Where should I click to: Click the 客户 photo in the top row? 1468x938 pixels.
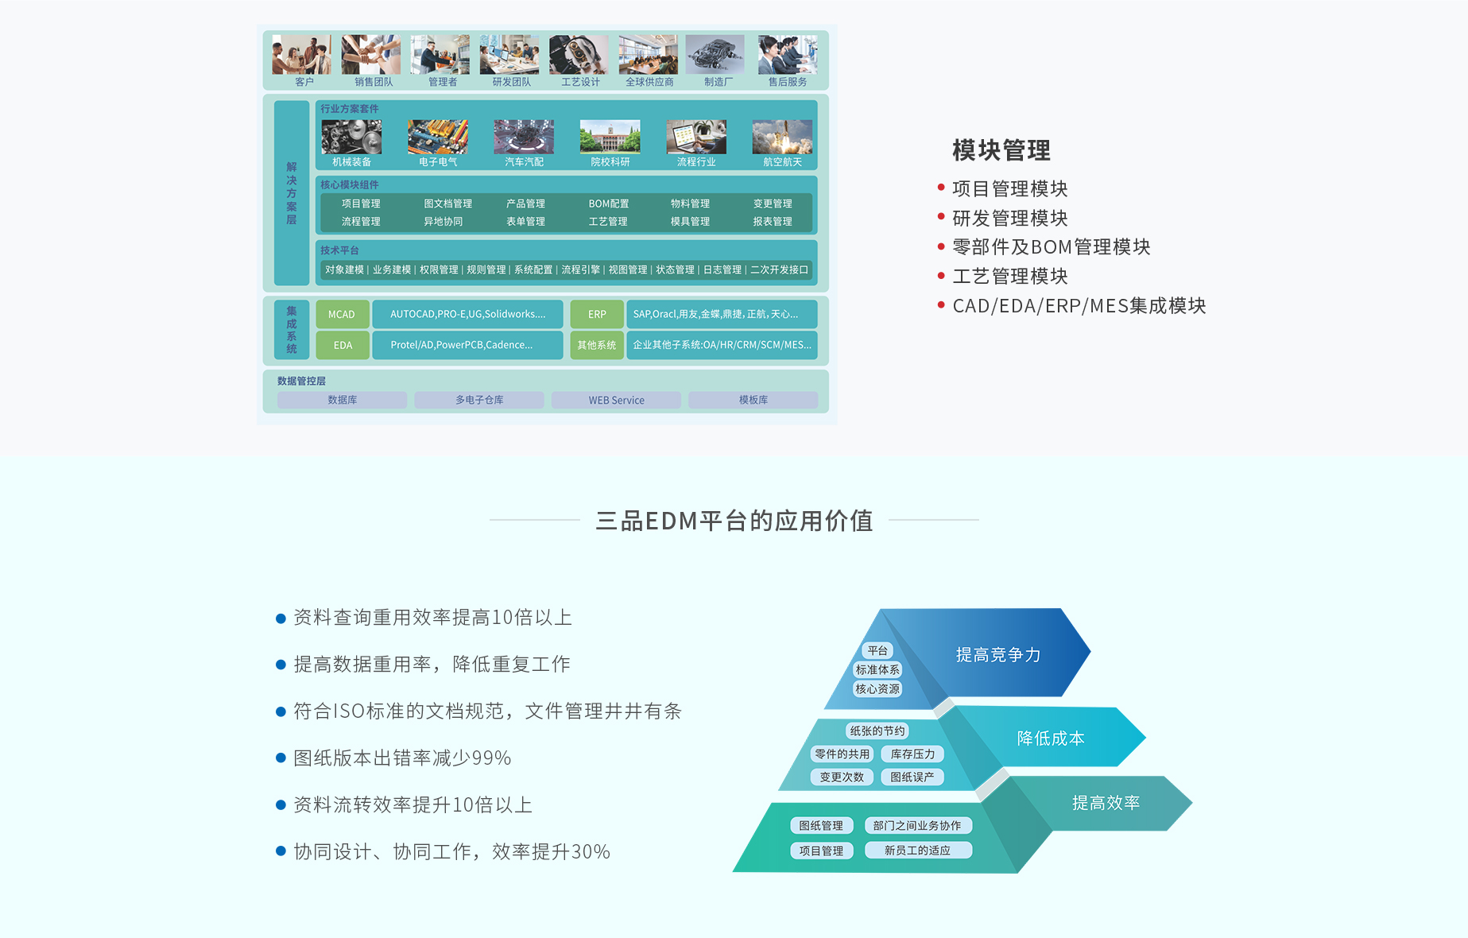click(x=302, y=54)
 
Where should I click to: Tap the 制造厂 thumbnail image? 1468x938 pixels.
click(x=715, y=54)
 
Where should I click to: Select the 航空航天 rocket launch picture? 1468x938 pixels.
click(x=782, y=137)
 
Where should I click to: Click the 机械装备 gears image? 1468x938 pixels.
click(x=351, y=137)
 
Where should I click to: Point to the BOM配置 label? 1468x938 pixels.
click(x=609, y=204)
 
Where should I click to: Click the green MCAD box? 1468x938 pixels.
click(x=343, y=315)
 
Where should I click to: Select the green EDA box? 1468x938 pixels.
click(x=343, y=345)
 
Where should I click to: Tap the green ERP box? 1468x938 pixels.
click(x=597, y=315)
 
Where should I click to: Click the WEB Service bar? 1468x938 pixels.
click(x=616, y=400)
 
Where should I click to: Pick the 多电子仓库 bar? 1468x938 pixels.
click(x=479, y=400)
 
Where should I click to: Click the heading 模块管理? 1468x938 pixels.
click(x=1001, y=150)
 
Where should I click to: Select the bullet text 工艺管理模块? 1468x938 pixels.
click(x=1010, y=277)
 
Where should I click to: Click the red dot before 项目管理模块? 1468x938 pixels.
click(x=941, y=188)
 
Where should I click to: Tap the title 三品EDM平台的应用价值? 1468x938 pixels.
click(x=734, y=521)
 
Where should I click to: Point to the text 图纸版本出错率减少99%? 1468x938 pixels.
click(x=402, y=758)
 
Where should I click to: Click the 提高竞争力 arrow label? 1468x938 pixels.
click(x=998, y=655)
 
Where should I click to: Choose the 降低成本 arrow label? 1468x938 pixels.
click(x=1051, y=738)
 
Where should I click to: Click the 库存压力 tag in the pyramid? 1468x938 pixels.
click(x=912, y=754)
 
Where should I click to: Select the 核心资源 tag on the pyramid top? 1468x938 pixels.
click(x=877, y=689)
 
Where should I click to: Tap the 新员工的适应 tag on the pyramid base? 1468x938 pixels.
click(x=917, y=851)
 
